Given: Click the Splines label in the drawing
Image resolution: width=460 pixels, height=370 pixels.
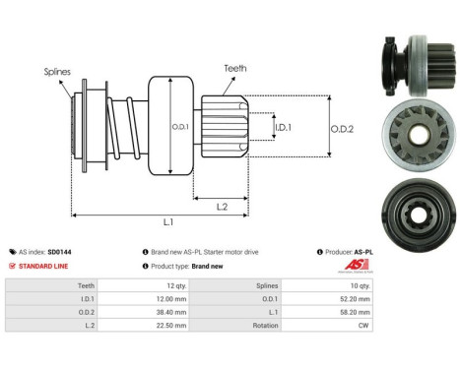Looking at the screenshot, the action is click(57, 72).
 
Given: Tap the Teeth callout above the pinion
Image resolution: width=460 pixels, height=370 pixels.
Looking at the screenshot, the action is click(235, 68).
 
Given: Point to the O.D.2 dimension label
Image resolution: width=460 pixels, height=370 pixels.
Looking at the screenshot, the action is click(342, 129).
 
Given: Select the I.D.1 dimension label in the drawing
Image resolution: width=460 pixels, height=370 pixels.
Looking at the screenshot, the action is click(283, 127).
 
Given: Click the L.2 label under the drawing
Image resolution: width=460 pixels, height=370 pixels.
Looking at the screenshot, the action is click(222, 207).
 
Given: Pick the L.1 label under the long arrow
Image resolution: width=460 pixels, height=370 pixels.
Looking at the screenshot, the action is click(168, 222).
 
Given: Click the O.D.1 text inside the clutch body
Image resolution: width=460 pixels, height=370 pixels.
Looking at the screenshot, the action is click(180, 127).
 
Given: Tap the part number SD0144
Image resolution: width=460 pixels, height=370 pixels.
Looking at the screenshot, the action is click(59, 252).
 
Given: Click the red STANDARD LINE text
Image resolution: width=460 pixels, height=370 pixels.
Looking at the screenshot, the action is click(43, 266).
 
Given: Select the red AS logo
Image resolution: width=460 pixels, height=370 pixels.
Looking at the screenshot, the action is click(357, 265).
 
